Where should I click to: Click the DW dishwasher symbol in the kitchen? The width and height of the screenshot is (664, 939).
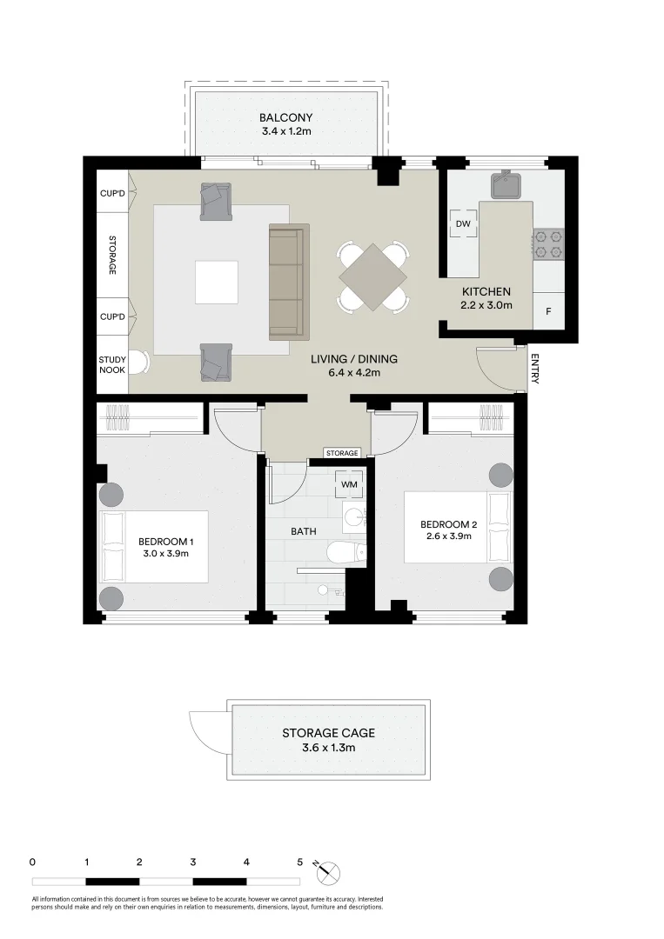point(463,223)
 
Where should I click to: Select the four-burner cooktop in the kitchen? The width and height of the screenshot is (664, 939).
point(548,243)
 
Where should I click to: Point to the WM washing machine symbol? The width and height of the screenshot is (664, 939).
point(349,483)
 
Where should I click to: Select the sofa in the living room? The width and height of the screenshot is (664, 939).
point(289,281)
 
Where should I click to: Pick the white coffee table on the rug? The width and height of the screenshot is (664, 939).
point(216,283)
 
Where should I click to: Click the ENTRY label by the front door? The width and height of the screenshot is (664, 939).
point(534,369)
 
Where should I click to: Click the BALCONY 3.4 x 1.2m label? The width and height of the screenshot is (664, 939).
point(285,124)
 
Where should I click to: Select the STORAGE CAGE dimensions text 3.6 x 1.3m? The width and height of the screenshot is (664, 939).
point(328,747)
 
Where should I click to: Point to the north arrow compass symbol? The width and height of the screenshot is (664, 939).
point(329,873)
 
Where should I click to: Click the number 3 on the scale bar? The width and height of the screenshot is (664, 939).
point(192,862)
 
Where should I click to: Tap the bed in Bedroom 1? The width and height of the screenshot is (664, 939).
point(155,546)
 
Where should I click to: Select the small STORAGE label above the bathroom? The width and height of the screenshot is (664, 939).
point(342,453)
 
